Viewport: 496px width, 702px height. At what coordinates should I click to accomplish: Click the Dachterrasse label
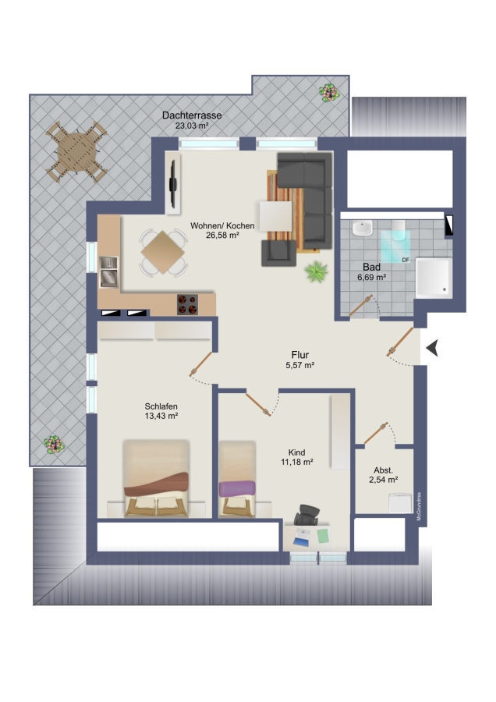click(192, 115)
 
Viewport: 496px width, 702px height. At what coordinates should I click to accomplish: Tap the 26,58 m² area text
click(222, 235)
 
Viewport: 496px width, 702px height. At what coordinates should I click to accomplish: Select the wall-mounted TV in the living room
click(173, 183)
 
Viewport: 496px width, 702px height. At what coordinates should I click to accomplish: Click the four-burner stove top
click(188, 304)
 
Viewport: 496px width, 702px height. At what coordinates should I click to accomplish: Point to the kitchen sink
click(108, 271)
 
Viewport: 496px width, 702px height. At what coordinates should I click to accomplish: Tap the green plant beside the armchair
click(316, 271)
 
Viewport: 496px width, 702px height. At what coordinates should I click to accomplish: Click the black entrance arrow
click(432, 348)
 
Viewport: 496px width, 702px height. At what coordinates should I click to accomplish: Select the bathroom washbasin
click(362, 228)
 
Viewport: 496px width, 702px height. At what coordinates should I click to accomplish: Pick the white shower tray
click(434, 278)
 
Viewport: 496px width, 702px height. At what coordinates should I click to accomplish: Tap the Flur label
click(300, 355)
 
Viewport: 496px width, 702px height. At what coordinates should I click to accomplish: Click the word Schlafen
click(161, 406)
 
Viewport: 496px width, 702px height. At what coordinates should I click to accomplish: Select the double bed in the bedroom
click(156, 478)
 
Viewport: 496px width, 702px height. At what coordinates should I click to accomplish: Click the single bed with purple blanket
click(237, 479)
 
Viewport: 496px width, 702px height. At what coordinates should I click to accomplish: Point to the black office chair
click(306, 515)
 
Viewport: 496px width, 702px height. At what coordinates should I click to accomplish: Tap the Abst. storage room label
click(383, 470)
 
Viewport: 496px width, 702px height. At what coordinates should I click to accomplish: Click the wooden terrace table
click(76, 152)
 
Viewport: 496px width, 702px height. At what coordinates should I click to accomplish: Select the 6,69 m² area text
click(371, 277)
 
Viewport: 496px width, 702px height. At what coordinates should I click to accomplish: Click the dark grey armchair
click(279, 253)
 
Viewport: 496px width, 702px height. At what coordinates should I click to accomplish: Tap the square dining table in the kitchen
click(162, 252)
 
